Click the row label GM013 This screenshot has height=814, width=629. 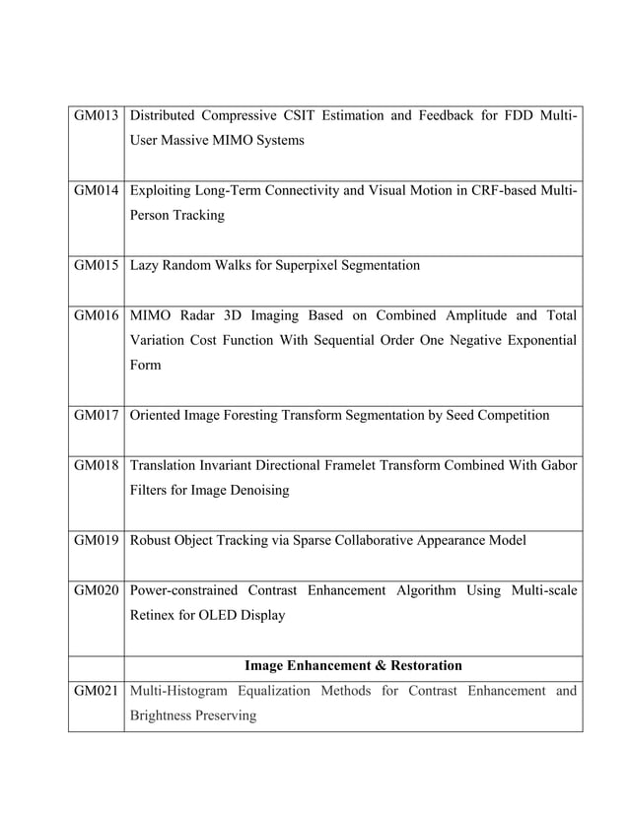coord(97,116)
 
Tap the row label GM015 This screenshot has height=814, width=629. coord(97,265)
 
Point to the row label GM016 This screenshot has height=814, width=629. coord(97,315)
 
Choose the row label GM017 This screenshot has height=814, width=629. coord(97,415)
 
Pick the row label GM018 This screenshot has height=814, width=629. coord(97,465)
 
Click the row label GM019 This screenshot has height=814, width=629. coord(97,540)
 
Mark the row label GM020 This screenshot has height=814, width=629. coord(97,590)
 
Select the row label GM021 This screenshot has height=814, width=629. coord(97,691)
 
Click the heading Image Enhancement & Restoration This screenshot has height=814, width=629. coord(353,665)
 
